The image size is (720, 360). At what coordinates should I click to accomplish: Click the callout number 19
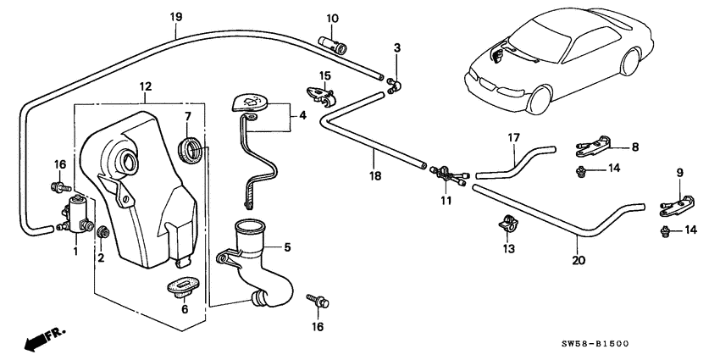tap(175, 14)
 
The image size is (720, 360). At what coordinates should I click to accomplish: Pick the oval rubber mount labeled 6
tap(182, 285)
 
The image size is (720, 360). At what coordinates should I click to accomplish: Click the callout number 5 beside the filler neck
tap(286, 247)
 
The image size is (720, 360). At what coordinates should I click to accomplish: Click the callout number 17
tap(512, 136)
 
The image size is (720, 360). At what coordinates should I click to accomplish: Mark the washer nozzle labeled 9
tap(678, 203)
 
